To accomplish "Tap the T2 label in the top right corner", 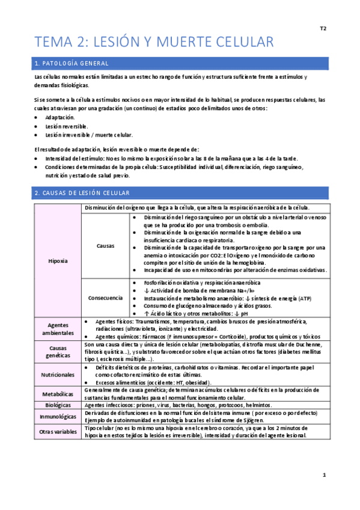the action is (x=323, y=28).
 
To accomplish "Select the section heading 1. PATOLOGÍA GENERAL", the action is (x=72, y=63).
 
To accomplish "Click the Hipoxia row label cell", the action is (x=57, y=261).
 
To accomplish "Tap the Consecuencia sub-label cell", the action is (x=105, y=298).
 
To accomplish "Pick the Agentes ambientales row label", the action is (x=57, y=328).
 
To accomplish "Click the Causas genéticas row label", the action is (x=57, y=352).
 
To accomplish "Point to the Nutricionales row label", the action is (x=57, y=374).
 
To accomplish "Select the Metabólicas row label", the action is (x=57, y=394).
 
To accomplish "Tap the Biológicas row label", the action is (x=57, y=406).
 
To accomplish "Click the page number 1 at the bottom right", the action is (x=323, y=475).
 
